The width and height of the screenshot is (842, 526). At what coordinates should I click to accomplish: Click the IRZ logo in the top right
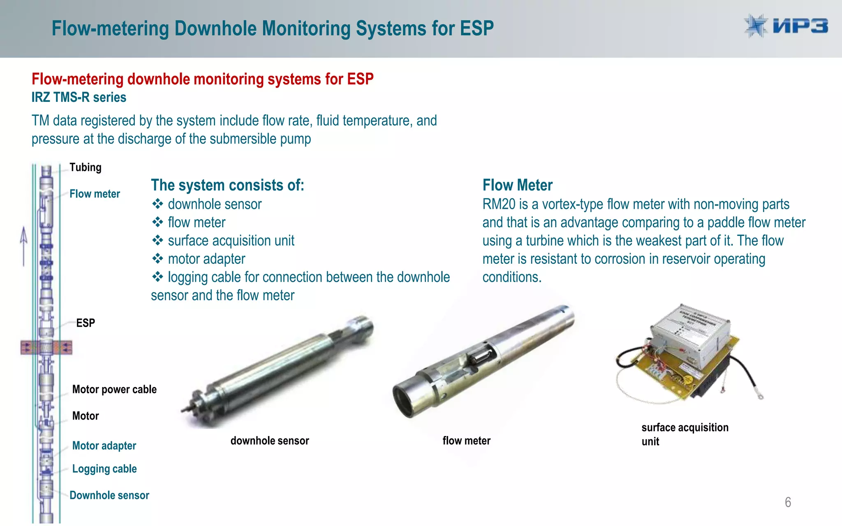click(x=786, y=26)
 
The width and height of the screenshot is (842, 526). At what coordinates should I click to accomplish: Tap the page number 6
click(x=788, y=502)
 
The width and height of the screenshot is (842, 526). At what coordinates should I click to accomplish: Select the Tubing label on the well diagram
click(x=86, y=167)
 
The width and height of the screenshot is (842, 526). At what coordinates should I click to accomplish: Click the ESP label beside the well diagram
click(x=86, y=323)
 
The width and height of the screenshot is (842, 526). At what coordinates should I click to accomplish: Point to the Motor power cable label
click(x=114, y=389)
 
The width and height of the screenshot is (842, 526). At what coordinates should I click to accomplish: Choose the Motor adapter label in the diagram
click(x=104, y=445)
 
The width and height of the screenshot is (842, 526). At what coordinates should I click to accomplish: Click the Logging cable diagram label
click(x=104, y=469)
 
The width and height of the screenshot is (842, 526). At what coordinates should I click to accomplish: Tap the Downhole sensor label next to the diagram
click(x=109, y=495)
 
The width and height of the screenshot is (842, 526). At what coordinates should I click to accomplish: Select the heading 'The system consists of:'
click(x=227, y=185)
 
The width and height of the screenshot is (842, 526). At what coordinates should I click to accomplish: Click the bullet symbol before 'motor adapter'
click(x=157, y=259)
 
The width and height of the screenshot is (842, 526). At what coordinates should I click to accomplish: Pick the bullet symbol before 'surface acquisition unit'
click(x=157, y=240)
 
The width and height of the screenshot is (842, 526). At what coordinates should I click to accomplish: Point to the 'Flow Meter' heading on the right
click(x=517, y=185)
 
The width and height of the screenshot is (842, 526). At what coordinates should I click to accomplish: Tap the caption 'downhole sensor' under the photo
click(x=270, y=441)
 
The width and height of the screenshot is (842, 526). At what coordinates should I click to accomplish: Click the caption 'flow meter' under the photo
click(x=466, y=441)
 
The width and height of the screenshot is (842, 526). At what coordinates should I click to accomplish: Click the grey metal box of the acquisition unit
click(x=691, y=333)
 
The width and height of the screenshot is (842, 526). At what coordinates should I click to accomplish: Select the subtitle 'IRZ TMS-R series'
click(x=79, y=97)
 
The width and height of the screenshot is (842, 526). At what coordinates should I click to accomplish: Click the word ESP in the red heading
click(x=360, y=79)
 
